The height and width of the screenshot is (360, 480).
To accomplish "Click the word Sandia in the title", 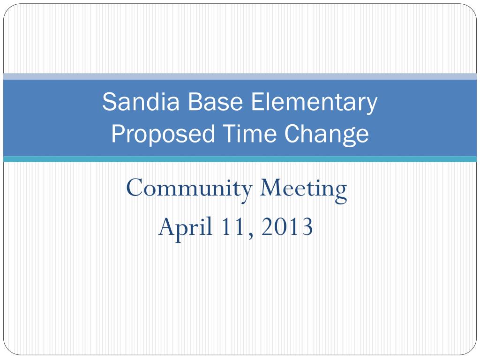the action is (141, 102).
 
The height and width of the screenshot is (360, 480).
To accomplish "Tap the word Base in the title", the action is (215, 102).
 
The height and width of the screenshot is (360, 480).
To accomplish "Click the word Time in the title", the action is (249, 134).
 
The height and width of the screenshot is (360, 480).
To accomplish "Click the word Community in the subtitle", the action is (189, 189).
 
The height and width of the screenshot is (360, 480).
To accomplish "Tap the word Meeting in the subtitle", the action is (303, 189).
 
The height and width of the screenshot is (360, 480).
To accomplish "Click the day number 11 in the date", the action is (232, 226).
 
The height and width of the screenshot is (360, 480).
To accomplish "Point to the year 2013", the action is (287, 226).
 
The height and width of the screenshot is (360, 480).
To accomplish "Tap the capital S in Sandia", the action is (109, 102).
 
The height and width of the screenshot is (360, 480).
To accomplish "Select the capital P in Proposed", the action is (118, 134).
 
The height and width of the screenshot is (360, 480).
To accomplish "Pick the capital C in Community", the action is (135, 187).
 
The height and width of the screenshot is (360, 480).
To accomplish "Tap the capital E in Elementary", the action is (257, 102).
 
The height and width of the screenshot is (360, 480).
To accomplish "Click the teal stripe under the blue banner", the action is (240, 159).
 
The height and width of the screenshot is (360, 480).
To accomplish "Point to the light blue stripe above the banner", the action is (240, 76).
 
